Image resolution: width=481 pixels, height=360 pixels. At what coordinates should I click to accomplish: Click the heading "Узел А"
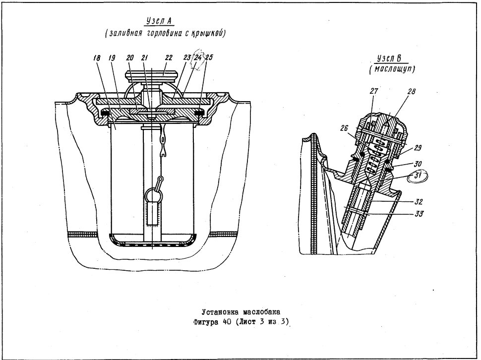tap(159, 21)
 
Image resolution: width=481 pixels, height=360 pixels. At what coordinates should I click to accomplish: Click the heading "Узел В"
tap(390, 58)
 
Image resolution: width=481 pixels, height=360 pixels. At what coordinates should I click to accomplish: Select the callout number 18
tap(97, 58)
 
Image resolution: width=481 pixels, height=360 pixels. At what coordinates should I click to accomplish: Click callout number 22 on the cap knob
tap(169, 58)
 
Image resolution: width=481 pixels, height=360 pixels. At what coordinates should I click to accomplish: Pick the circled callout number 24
tap(198, 58)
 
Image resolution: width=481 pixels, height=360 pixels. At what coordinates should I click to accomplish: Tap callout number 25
tap(209, 58)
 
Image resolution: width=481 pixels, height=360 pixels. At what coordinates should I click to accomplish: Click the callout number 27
tap(374, 91)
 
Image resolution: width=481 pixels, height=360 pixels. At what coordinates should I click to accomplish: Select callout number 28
tap(412, 91)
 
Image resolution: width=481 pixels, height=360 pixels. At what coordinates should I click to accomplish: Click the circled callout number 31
tap(417, 176)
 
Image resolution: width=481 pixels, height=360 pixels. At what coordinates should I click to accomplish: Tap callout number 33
tap(419, 213)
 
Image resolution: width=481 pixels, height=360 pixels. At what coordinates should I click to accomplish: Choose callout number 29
tap(417, 148)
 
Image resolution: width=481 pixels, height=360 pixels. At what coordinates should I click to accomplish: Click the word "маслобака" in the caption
tap(261, 312)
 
